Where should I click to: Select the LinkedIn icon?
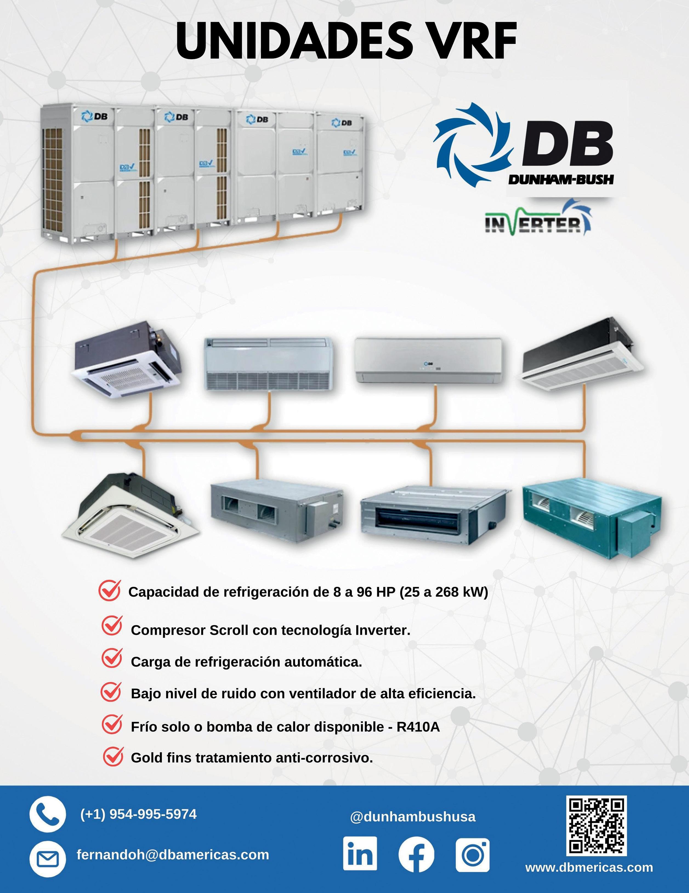coord(360,854)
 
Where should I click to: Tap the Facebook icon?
coord(416,855)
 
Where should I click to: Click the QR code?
coord(597,825)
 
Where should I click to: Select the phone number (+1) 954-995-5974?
coord(138,814)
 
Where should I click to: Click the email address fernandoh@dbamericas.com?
coord(172,855)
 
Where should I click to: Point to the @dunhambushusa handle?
coord(413,817)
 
